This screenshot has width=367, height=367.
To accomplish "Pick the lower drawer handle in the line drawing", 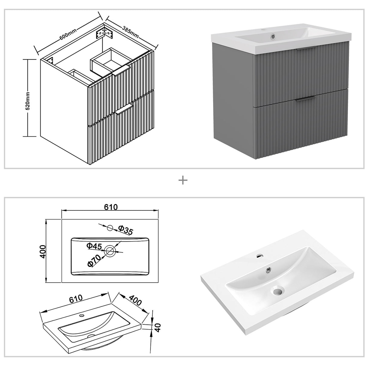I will [124, 109].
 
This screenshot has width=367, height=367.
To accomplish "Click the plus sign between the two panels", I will [183, 180].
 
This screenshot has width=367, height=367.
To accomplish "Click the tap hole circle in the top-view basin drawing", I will [110, 228].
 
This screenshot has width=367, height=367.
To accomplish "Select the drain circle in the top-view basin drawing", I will [110, 250].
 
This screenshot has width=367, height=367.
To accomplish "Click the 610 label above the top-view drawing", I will [111, 207].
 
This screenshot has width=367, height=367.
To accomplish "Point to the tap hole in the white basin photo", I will [259, 256].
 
